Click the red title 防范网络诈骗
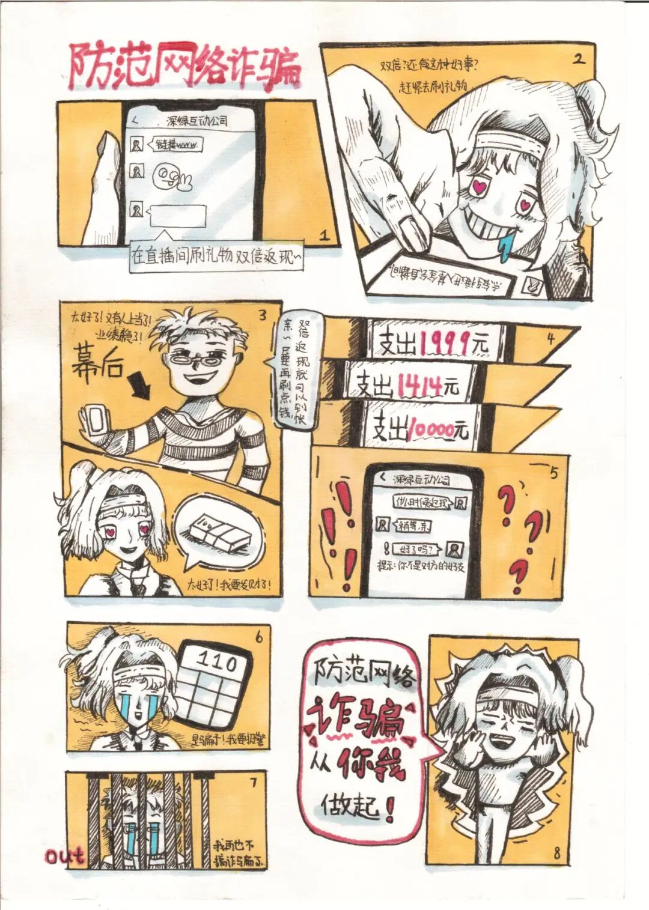point(183,66)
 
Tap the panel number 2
point(579,58)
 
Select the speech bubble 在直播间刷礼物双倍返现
point(216,256)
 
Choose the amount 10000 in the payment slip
point(430,429)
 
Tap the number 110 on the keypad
point(217,662)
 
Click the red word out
point(64,856)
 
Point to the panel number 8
point(556,852)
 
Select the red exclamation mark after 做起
point(389,808)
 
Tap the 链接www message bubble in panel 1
point(178,145)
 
